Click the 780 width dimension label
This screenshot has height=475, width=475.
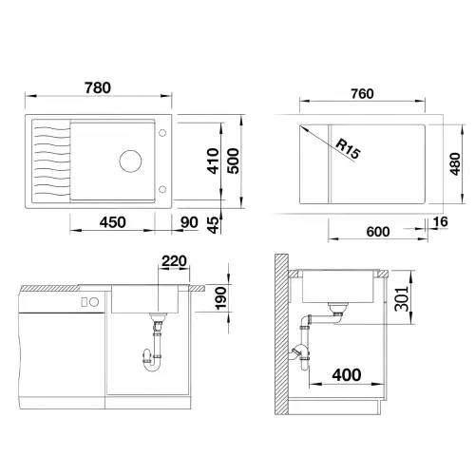tap(98, 87)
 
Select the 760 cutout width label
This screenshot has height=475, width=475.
tap(362, 94)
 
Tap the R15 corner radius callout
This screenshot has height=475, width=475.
tap(348, 149)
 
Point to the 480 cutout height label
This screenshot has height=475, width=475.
tap(455, 163)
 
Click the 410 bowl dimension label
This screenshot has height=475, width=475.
tap(213, 161)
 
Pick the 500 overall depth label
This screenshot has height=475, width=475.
tap(234, 161)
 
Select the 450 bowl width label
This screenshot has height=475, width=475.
tap(112, 222)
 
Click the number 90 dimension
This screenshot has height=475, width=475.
tap(189, 222)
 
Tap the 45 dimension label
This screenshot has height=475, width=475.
tap(214, 225)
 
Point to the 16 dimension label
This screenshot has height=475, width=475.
tap(441, 222)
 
